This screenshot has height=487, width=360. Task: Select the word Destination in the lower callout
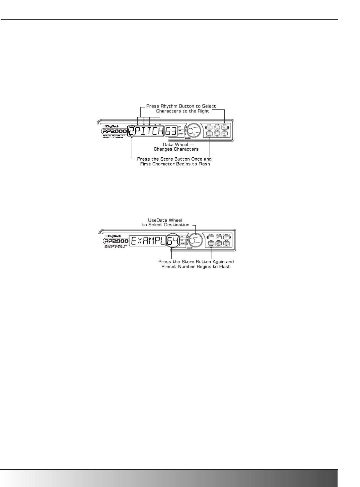175,225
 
